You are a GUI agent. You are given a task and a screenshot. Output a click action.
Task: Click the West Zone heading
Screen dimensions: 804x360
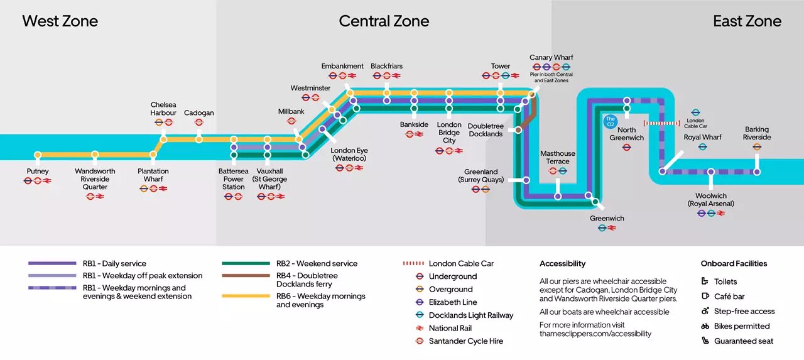[x=60, y=21]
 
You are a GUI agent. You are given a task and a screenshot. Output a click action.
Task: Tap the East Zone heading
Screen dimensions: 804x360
[x=747, y=21]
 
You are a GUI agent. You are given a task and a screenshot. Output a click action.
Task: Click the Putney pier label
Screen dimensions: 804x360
[x=38, y=172]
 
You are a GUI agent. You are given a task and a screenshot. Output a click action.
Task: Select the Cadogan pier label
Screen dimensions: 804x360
[x=199, y=112]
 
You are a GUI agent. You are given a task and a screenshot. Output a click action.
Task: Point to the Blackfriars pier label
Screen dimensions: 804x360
[x=386, y=66]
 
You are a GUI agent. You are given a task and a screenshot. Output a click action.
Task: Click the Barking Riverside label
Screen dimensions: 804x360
[x=757, y=133]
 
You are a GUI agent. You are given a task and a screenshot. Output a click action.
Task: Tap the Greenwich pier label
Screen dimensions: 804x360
[x=607, y=218]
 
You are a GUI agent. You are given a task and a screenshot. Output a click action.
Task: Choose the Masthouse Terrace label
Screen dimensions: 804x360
[x=558, y=157]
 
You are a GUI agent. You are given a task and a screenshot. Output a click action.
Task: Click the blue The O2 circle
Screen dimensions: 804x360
[x=611, y=121]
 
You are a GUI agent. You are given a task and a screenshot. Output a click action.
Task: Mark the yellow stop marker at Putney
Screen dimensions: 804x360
[x=38, y=155]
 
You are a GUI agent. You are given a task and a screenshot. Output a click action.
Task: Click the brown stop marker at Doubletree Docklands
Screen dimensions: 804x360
[x=518, y=129]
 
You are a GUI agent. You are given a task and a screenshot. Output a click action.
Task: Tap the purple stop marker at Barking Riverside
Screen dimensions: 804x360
[x=757, y=172]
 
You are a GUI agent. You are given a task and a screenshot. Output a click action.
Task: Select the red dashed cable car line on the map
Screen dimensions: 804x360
[x=662, y=124]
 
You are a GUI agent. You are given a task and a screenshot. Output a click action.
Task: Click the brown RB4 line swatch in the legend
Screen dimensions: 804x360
[x=246, y=276]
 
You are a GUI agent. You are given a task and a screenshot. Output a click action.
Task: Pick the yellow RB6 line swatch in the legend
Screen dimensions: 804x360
[x=246, y=296]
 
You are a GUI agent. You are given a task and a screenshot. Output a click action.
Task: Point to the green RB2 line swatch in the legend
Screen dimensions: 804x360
[x=246, y=263]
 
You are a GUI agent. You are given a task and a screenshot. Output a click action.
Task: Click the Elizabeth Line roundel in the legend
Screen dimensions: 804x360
[x=420, y=302]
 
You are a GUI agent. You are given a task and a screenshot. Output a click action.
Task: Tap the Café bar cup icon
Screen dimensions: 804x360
[x=705, y=296]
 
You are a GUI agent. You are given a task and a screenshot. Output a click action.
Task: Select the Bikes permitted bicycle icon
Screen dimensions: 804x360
[x=705, y=326]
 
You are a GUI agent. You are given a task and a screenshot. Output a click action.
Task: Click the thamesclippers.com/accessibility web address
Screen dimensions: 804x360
[x=595, y=334]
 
